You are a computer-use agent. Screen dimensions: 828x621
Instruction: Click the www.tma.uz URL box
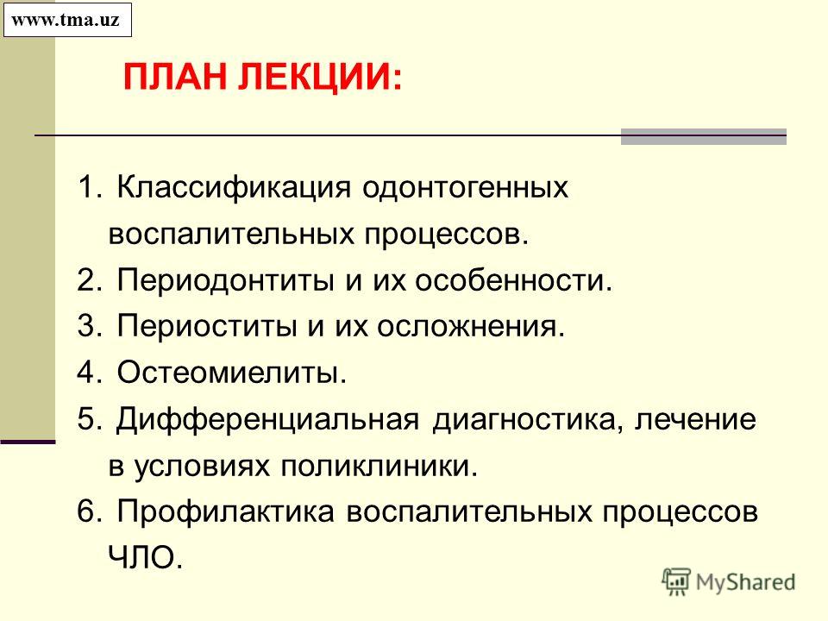tap(67, 20)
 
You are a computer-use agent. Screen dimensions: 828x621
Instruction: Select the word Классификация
tap(234, 187)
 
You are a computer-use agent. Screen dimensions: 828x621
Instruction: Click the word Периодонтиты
tap(225, 280)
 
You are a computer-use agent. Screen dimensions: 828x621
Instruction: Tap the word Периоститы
tap(206, 326)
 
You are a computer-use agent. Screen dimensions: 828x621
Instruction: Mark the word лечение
tap(695, 420)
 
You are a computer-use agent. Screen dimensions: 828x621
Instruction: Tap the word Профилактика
tap(225, 513)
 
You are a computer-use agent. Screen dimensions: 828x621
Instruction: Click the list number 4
tap(85, 373)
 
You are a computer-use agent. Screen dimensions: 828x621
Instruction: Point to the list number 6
tap(85, 512)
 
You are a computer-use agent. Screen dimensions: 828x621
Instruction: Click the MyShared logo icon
tap(676, 581)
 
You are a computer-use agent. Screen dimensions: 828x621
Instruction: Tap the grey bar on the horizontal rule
tap(704, 136)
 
